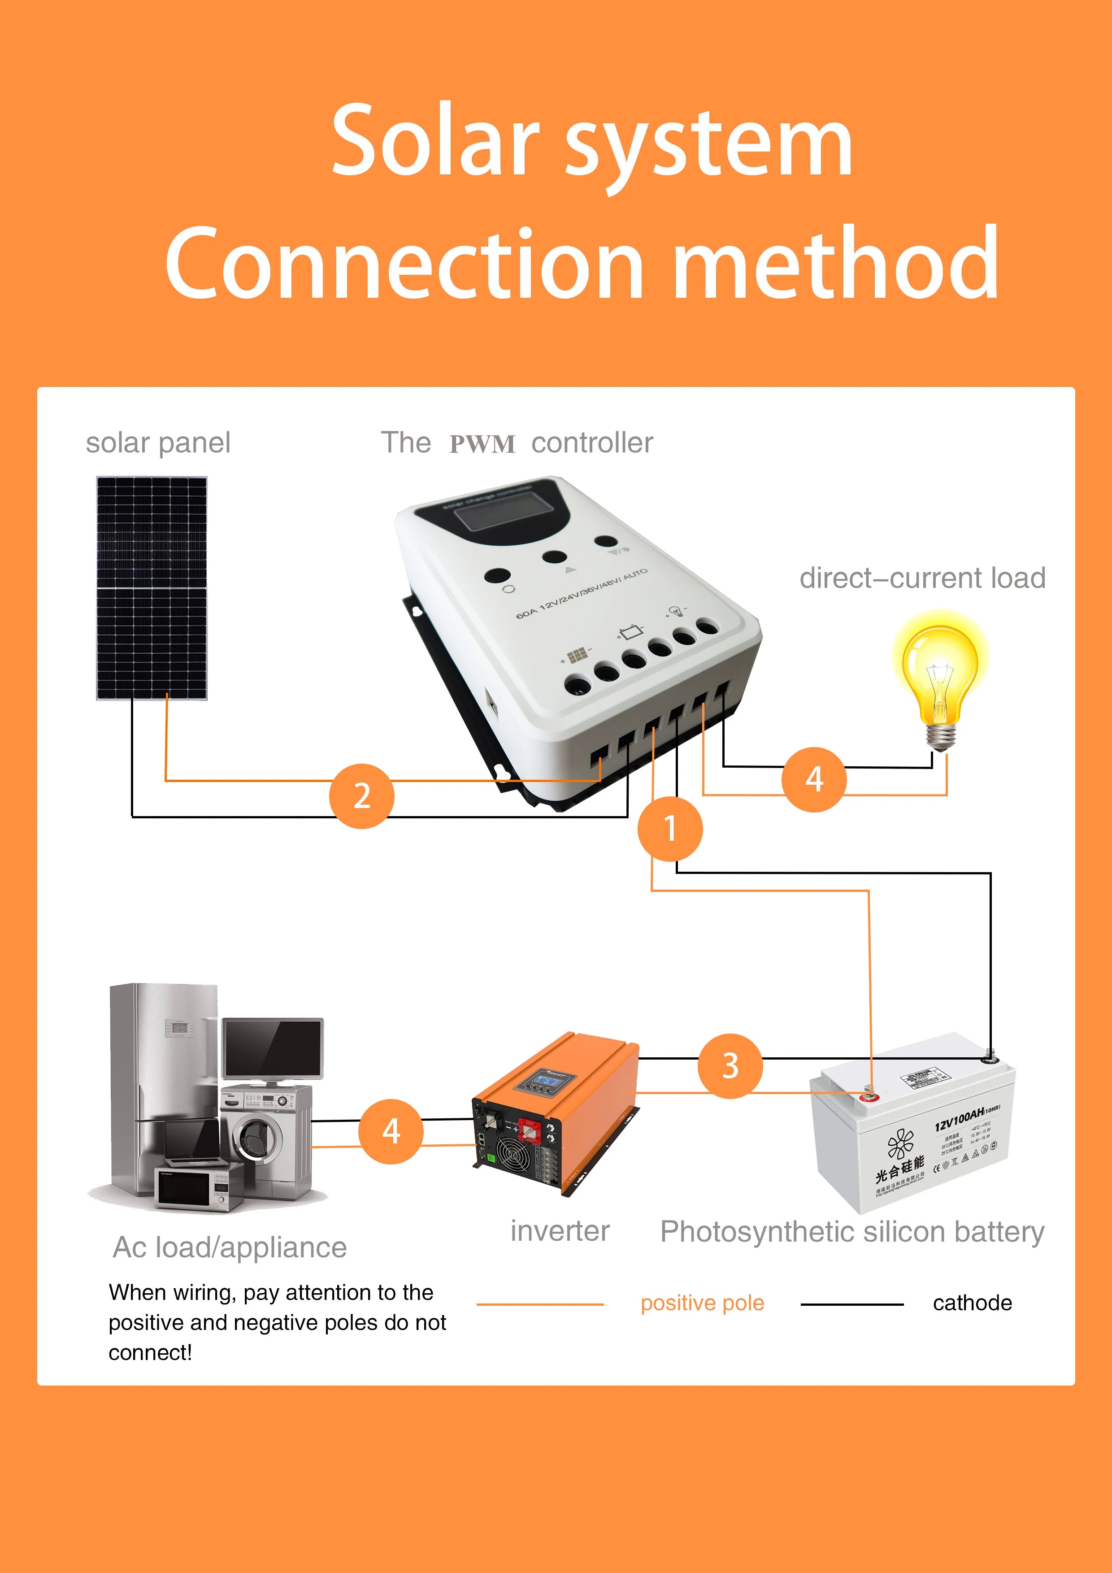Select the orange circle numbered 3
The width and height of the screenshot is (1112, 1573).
[730, 1066]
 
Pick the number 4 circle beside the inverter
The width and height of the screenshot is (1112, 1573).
[391, 1131]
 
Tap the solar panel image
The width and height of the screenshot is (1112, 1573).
[152, 588]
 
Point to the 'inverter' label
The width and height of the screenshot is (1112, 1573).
[559, 1231]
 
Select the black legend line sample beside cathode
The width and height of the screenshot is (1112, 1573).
[851, 1304]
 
